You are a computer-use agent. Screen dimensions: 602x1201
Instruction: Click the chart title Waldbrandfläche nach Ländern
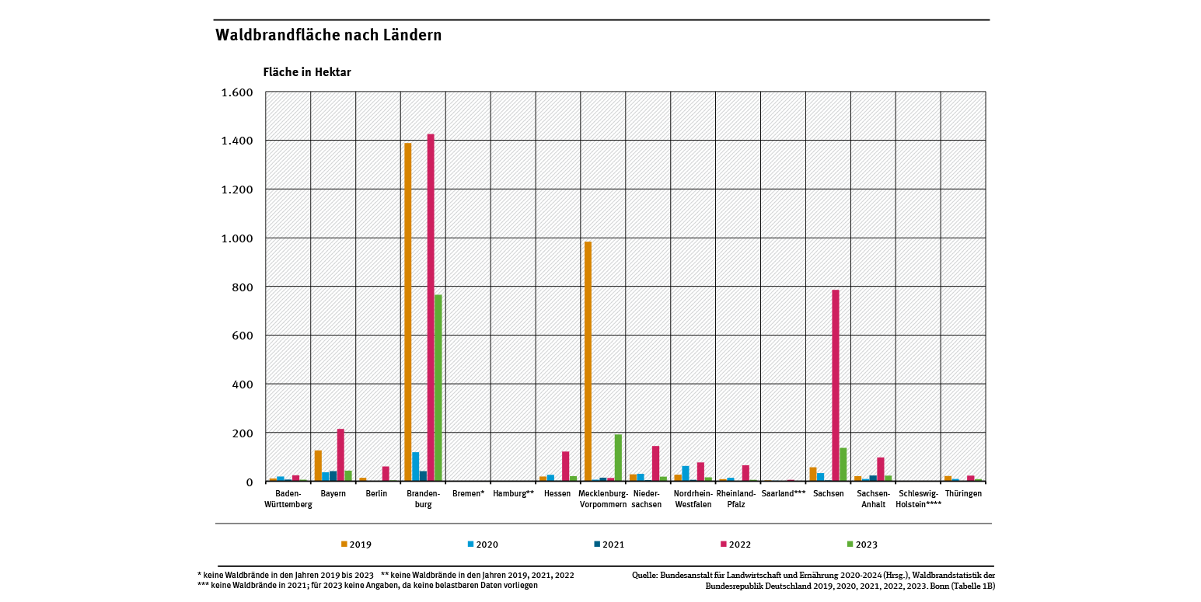[328, 36]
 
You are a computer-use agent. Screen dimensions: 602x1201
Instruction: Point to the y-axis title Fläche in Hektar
[307, 72]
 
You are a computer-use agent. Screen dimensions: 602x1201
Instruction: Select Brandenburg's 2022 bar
[431, 308]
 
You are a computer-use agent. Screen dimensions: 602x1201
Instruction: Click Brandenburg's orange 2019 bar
[408, 312]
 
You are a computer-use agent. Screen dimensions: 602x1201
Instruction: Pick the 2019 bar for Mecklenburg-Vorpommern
[588, 361]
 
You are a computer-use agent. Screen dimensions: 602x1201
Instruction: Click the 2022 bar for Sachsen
[836, 385]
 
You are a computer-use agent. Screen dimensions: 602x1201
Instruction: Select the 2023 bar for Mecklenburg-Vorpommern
[618, 458]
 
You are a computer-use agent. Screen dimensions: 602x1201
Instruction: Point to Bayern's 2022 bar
[340, 455]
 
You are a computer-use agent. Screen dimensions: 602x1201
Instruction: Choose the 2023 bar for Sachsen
[843, 465]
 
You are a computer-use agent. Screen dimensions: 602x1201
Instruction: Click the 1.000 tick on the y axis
[238, 238]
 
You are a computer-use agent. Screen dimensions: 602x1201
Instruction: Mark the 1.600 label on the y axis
[238, 92]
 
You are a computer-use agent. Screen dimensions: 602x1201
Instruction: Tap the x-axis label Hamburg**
[513, 494]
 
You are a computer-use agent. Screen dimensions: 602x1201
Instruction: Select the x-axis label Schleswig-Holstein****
[918, 499]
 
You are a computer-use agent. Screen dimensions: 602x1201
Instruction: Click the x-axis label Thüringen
[963, 494]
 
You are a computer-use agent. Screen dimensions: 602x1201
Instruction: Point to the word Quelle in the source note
[645, 576]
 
